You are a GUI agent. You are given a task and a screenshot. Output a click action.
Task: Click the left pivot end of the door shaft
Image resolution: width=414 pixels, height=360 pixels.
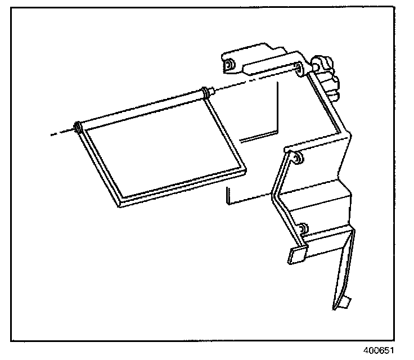pos(78,128)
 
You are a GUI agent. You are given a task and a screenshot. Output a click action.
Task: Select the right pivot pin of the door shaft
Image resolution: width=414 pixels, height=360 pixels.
pos(210,91)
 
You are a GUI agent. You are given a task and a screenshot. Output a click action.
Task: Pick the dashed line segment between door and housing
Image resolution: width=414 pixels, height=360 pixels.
pos(253,80)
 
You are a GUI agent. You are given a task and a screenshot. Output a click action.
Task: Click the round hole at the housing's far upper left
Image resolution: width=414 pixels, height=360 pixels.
pos(229,66)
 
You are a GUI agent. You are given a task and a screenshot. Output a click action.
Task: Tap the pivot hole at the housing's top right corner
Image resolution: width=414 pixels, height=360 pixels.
pos(299,69)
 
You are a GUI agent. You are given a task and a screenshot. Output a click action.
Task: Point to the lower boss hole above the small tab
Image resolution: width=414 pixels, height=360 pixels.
pos(303,229)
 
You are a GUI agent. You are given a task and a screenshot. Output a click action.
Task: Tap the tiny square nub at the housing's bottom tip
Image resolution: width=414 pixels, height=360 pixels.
pos(344,304)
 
